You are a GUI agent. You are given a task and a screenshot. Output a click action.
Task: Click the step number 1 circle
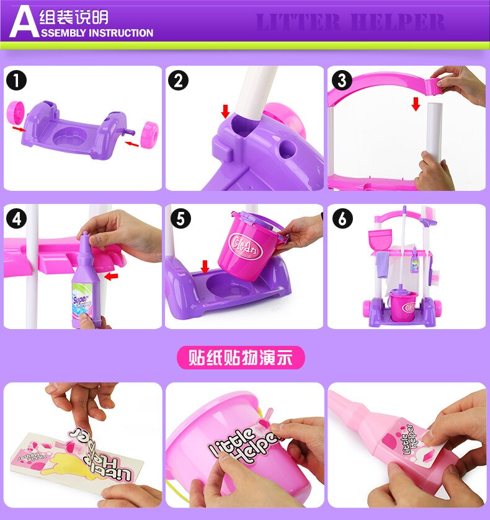point(17,81)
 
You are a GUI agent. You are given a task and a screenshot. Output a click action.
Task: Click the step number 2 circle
point(178,81)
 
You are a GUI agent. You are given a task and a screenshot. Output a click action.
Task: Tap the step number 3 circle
point(342,81)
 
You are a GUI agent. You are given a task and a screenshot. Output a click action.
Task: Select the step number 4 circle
point(17,218)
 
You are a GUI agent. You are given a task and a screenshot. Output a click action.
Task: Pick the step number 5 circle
point(179,218)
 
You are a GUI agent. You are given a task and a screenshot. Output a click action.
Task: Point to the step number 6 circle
point(342,218)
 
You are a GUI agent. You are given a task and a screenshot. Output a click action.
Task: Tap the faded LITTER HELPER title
point(350,23)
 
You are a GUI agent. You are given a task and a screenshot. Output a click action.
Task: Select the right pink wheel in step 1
point(150,134)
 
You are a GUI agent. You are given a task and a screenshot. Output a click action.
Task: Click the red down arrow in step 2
point(225,111)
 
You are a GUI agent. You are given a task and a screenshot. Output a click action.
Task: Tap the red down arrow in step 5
point(205,266)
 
